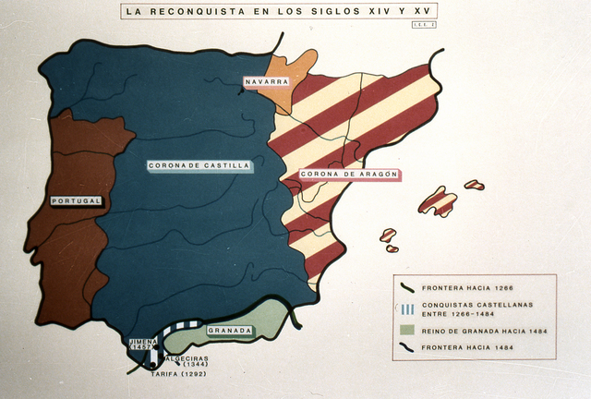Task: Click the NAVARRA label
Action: [267, 82]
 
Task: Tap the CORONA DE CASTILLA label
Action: [199, 166]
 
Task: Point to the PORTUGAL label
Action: [77, 200]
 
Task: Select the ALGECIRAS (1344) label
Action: [187, 361]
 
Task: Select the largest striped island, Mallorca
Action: [438, 201]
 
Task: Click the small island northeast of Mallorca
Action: [474, 185]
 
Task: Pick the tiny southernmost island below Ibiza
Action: [392, 248]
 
